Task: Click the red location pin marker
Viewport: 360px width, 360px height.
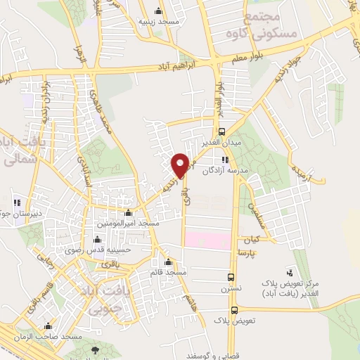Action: tap(180, 165)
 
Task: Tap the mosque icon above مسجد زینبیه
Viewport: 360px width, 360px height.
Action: tap(157, 11)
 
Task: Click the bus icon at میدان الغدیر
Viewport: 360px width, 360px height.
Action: tap(222, 131)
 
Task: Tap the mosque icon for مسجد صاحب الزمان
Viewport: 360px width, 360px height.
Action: tap(47, 326)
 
